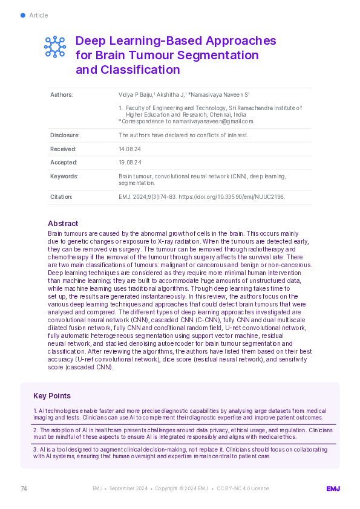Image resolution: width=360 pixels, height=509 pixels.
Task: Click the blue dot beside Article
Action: coord(23,15)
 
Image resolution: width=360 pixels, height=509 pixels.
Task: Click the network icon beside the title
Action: coord(55,47)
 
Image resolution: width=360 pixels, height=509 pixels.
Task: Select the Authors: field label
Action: coord(61,95)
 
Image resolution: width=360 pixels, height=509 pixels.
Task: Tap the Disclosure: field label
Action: coord(65,135)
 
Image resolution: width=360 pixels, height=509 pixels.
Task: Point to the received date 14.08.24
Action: coord(130,149)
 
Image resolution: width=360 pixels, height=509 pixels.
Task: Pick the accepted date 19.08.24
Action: coord(130,163)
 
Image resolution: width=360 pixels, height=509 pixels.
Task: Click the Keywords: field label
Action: coord(64,176)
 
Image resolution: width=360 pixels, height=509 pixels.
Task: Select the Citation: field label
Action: coord(61,196)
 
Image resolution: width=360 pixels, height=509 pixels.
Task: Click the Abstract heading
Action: coord(63,222)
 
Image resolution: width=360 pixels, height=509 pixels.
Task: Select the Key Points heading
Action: coord(52,396)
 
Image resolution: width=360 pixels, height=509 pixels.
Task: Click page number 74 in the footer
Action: coord(24,488)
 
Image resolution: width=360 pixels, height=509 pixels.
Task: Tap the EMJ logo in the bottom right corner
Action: coord(333,488)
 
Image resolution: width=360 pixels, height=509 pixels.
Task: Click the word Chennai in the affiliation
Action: coord(222,114)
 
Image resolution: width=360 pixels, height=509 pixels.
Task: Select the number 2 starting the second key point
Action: coord(34,430)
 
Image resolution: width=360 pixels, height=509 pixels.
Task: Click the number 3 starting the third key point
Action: coord(34,450)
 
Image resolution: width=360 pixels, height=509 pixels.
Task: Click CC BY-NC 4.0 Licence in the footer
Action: coord(243,488)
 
